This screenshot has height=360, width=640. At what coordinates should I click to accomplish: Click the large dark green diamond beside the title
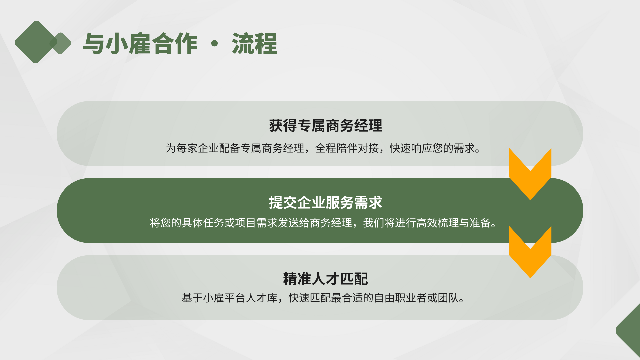click(36, 42)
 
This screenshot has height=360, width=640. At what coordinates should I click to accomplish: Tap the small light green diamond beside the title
click(61, 43)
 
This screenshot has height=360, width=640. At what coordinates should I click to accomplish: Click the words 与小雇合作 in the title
click(140, 44)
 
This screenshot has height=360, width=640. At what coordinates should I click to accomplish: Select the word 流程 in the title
click(254, 44)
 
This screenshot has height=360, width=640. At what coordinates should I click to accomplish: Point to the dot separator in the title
click(215, 43)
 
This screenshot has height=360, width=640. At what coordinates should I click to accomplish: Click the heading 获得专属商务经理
click(326, 126)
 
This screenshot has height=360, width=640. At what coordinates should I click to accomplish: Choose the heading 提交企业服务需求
click(326, 202)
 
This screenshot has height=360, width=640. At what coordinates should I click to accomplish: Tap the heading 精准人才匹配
click(326, 279)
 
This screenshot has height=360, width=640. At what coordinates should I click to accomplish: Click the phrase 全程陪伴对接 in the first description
click(347, 148)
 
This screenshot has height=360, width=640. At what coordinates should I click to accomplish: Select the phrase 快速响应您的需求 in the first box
click(432, 148)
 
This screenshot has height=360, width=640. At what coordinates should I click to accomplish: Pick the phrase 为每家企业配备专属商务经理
click(235, 148)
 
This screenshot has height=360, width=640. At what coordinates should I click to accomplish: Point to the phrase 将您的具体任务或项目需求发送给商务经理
click(251, 223)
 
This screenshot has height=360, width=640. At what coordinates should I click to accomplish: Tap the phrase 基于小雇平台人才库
click(230, 298)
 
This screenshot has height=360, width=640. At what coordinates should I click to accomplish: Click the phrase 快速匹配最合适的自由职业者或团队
click(374, 298)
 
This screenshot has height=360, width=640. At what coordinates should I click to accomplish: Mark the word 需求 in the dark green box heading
click(368, 202)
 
